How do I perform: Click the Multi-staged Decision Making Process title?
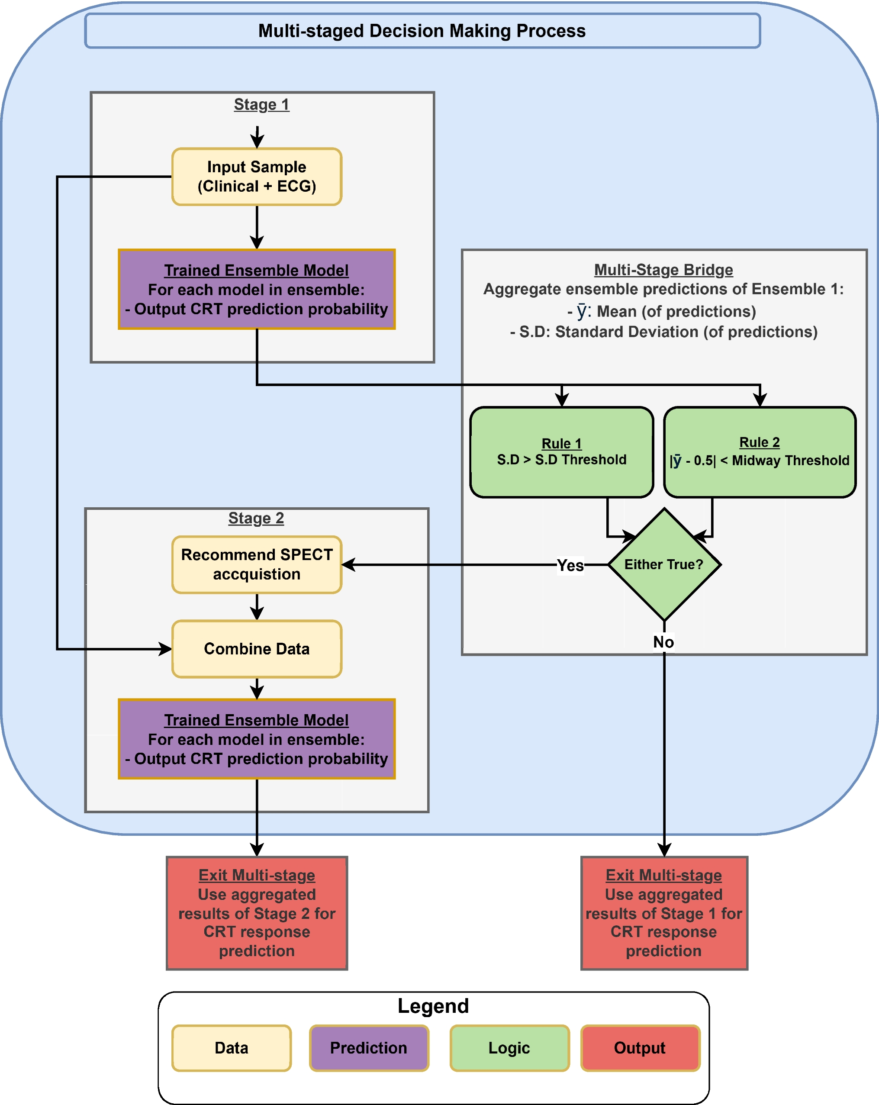click(x=422, y=31)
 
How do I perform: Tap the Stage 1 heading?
click(x=261, y=105)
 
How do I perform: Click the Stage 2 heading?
click(x=256, y=518)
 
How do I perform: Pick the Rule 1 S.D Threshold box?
click(x=562, y=452)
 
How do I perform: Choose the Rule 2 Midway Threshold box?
click(x=760, y=452)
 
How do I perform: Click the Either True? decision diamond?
click(x=664, y=564)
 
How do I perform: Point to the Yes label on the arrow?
click(x=570, y=565)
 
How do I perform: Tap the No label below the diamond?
click(x=664, y=642)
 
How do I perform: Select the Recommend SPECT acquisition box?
click(x=257, y=564)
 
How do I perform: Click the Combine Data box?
click(x=257, y=649)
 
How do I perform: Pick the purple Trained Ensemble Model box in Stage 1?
click(x=257, y=290)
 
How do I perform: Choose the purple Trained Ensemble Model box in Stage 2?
click(x=257, y=739)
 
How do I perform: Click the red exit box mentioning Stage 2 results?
click(x=257, y=913)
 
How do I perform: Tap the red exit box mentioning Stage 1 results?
click(x=664, y=913)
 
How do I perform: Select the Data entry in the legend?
click(x=232, y=1048)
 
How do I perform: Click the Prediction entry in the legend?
click(x=369, y=1048)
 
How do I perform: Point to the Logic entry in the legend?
click(x=509, y=1048)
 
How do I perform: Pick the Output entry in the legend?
click(x=640, y=1048)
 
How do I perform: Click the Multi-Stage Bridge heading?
click(x=664, y=270)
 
